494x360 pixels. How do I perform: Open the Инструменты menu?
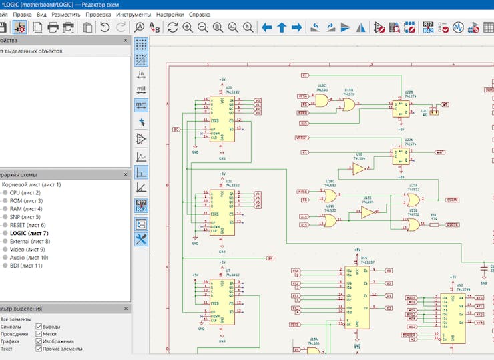[133, 14]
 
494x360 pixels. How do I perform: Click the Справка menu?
[200, 14]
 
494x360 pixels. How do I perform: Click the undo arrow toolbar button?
[105, 27]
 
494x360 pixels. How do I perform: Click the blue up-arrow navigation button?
[282, 27]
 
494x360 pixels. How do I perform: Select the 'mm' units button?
[141, 105]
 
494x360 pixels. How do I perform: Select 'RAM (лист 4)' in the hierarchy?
[25, 209]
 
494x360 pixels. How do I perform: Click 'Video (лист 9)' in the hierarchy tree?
[28, 250]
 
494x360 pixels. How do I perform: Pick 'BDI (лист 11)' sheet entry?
[26, 266]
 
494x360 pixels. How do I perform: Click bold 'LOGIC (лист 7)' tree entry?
[29, 234]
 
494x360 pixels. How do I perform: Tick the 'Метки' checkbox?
[39, 334]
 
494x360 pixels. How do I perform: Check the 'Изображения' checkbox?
[39, 341]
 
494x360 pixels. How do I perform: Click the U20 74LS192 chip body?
[222, 119]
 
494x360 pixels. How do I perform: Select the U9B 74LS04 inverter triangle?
[359, 170]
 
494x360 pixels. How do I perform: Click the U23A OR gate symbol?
[413, 200]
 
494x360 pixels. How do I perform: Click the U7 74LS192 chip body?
[222, 302]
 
